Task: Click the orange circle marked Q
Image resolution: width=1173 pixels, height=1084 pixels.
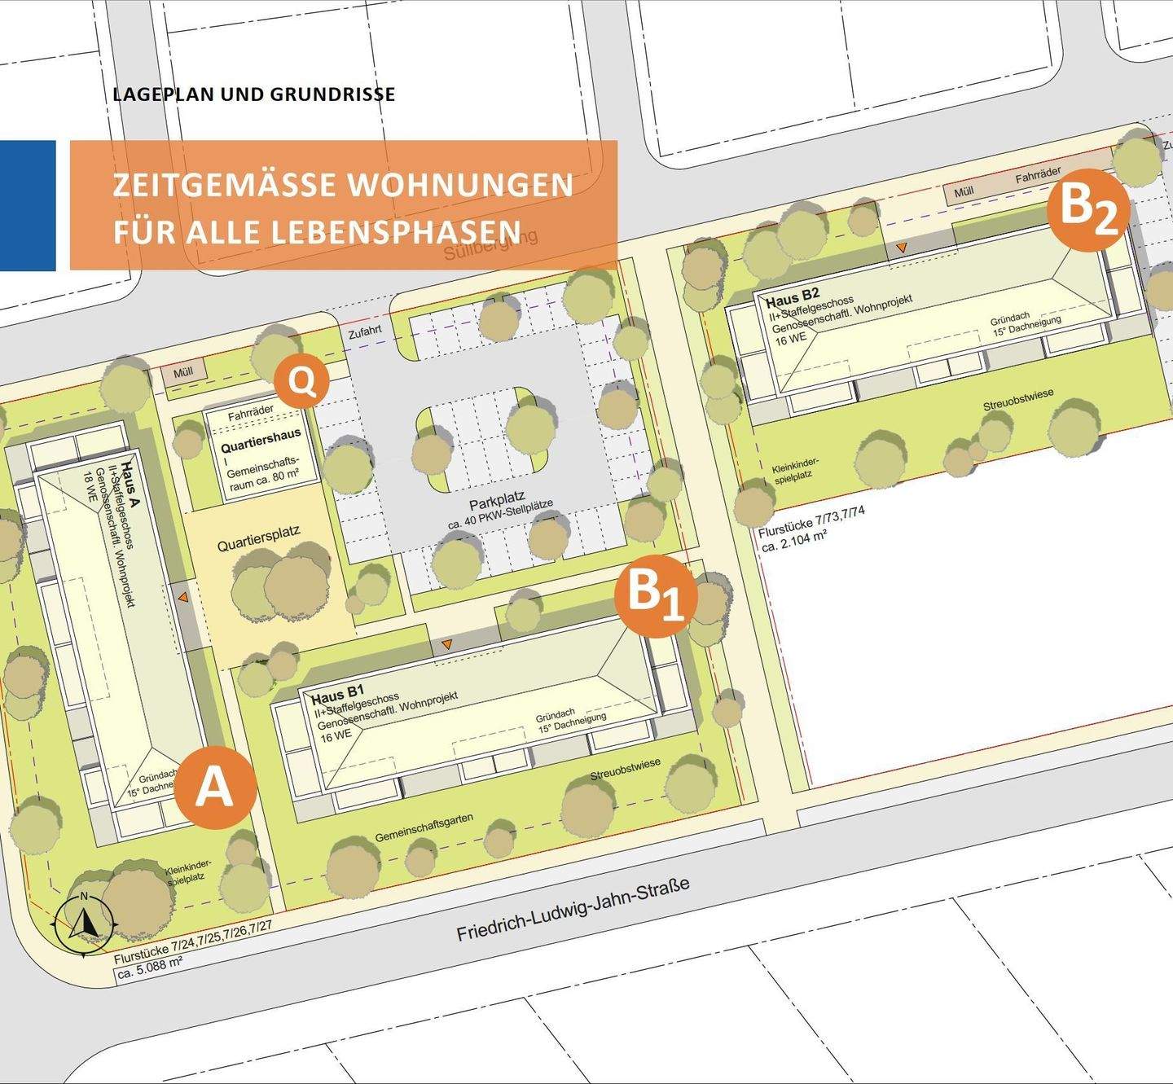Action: (302, 381)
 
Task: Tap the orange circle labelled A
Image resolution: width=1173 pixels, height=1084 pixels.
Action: (216, 787)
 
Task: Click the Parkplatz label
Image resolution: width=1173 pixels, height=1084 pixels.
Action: (496, 498)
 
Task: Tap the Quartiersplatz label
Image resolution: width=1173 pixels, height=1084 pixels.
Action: (258, 539)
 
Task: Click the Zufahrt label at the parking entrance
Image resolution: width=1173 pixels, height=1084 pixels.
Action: (364, 332)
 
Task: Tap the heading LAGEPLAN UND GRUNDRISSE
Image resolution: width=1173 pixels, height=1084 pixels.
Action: (254, 94)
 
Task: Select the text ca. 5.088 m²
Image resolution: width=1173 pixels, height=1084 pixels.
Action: (149, 968)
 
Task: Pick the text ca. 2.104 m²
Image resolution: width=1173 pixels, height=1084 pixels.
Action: (794, 544)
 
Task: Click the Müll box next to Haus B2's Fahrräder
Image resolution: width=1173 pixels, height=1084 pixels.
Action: (964, 192)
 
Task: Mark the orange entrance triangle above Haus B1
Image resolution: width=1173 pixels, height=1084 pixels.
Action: (446, 646)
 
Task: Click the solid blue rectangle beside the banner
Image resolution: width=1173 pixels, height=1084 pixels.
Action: (28, 205)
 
